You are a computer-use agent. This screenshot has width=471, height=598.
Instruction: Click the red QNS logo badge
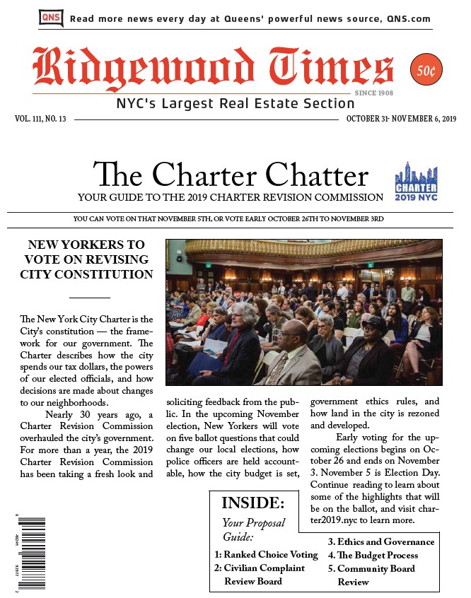pos(50,18)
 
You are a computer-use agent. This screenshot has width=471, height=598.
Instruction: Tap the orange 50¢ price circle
pos(424,71)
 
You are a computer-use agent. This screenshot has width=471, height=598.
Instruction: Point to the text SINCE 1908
pos(374,93)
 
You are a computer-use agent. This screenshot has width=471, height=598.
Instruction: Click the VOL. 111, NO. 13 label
pos(40,119)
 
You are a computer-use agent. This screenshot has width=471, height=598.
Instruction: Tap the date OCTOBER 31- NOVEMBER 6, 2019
pos(401,119)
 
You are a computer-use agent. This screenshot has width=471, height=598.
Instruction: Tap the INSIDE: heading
pos(252,503)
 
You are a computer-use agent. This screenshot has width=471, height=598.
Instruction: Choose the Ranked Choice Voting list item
pos(266,555)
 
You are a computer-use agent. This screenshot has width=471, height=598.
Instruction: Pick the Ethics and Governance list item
pos(380,542)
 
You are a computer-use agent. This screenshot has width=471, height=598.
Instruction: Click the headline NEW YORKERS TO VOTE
pos(89,259)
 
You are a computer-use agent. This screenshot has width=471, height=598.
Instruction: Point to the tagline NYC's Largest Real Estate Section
pos(225,105)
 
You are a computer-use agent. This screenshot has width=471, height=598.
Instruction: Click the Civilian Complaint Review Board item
pos(260,574)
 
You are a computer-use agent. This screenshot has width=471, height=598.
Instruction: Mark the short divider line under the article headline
pos(89,298)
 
